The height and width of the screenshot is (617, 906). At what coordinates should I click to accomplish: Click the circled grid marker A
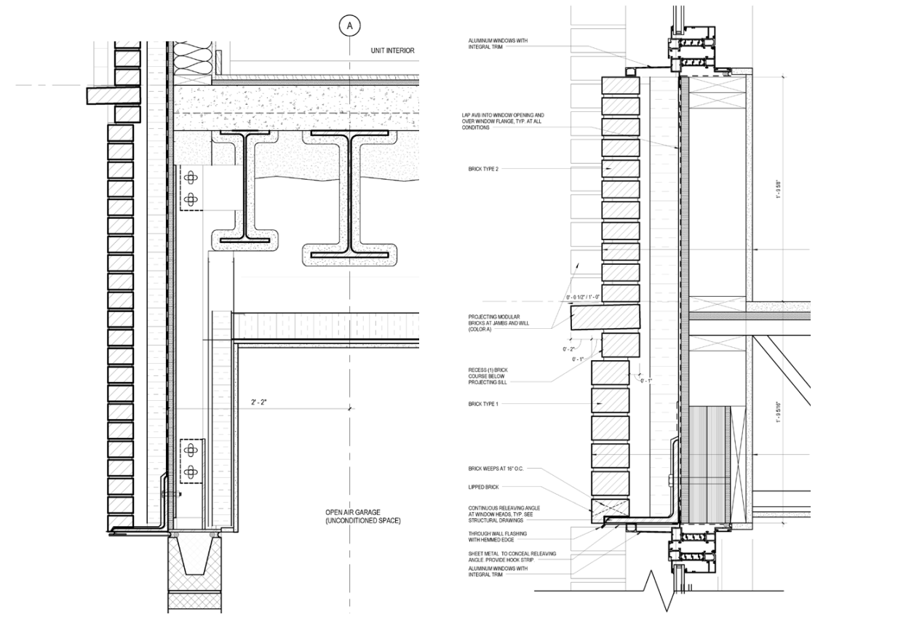coord(350,26)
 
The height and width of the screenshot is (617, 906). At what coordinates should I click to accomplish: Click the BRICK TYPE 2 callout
coord(488,168)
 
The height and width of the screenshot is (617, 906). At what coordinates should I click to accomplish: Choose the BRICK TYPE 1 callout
coord(488,403)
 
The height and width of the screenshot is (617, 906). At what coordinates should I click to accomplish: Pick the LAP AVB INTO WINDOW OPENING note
coord(507,121)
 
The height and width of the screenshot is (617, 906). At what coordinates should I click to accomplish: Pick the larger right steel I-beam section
coord(351,194)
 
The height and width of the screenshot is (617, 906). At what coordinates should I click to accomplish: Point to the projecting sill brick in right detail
coord(605,318)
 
